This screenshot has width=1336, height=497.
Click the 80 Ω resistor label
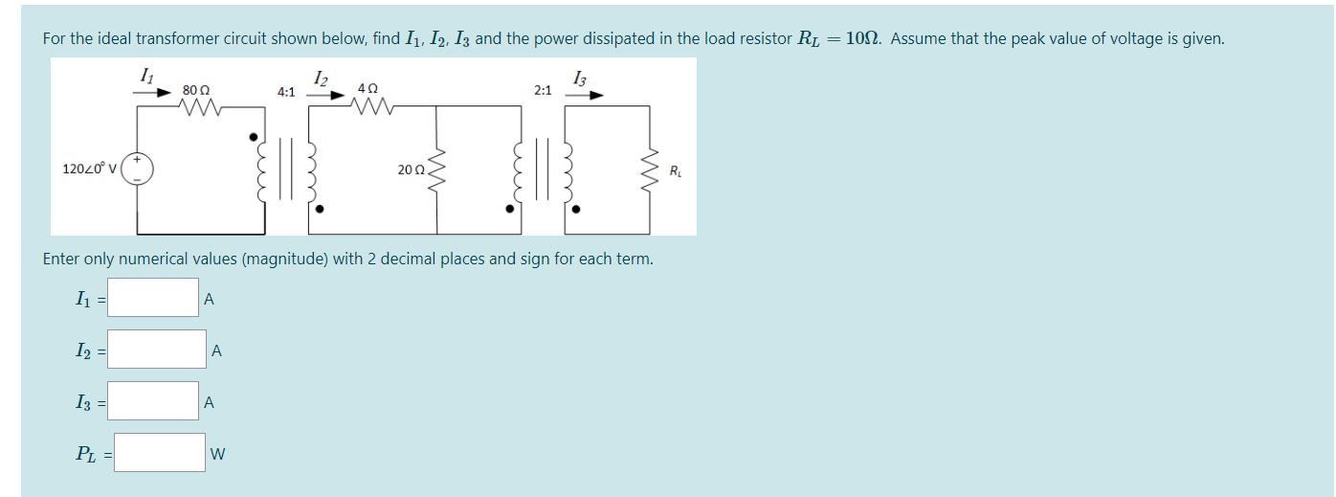pyautogui.click(x=196, y=90)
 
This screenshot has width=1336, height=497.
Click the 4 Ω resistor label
pyautogui.click(x=367, y=87)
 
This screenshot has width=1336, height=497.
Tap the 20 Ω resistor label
pyautogui.click(x=411, y=170)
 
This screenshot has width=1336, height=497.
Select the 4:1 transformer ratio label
pyautogui.click(x=286, y=92)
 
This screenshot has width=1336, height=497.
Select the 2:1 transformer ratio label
pyautogui.click(x=543, y=90)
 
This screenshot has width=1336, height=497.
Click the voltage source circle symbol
pyautogui.click(x=137, y=169)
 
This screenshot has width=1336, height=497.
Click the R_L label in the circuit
pyautogui.click(x=676, y=172)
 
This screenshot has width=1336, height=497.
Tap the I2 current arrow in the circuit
pyautogui.click(x=326, y=95)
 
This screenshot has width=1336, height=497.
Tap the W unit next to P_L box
pyautogui.click(x=217, y=454)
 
